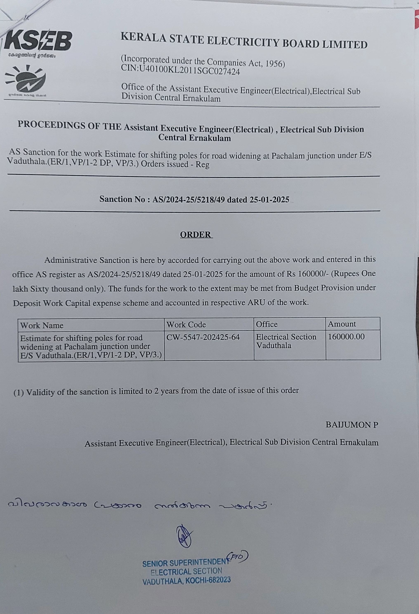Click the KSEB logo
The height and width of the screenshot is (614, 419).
pos(38,41)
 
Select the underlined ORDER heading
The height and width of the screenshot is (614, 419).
pos(196,235)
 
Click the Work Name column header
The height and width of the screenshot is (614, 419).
pos(42,325)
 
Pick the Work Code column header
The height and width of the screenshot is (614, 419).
pos(186,324)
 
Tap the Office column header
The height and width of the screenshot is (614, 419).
pos(267,324)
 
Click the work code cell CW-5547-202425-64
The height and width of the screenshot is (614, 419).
pos(203,337)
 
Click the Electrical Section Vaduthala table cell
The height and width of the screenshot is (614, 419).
pos(286,341)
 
